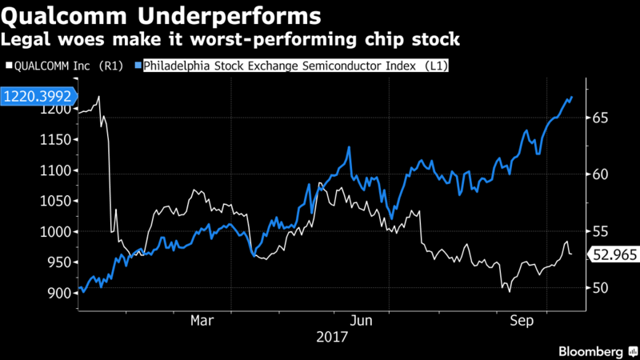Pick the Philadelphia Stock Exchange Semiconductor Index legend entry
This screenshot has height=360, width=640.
(296, 67)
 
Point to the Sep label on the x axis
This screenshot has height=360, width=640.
(523, 320)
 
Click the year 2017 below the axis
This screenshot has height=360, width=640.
(333, 337)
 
